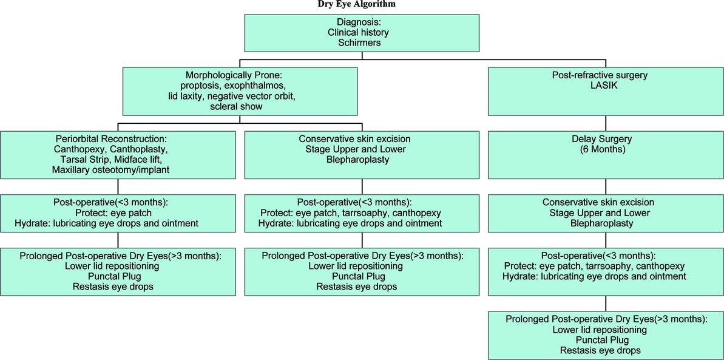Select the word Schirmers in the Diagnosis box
[x=363, y=42]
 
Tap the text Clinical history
[x=363, y=33]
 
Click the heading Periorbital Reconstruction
[x=118, y=138]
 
